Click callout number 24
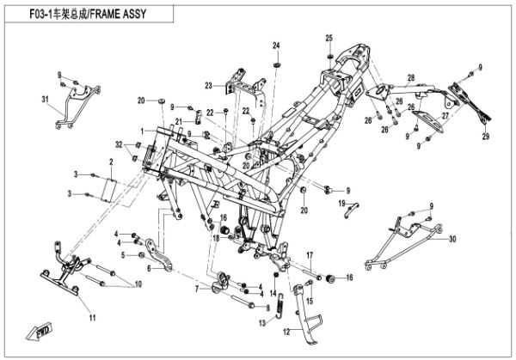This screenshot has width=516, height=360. pos(277,45)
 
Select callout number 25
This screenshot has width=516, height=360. pos(329,37)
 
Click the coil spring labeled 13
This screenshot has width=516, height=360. pos(274,300)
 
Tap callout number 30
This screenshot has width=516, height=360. pos(452,239)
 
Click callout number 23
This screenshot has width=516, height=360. pos(208,85)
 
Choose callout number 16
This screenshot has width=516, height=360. pos(350,278)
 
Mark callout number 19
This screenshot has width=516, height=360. pos(341,203)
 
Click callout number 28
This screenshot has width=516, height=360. pos(411,78)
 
